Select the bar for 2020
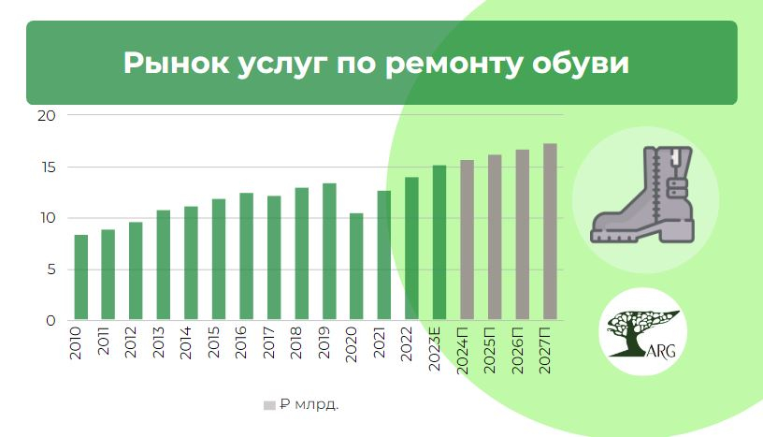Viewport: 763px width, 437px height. pos(356,267)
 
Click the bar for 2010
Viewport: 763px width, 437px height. pos(81,278)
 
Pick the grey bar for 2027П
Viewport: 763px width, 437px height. pos(550,232)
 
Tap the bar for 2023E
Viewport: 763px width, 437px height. pos(439,242)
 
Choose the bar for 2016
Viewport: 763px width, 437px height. pos(247,256)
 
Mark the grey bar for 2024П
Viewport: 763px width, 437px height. pos(468,240)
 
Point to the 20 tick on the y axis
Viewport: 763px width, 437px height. pos(47,116)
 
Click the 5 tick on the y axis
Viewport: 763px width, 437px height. pos(51,269)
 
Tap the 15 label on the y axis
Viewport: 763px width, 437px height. pos(49,168)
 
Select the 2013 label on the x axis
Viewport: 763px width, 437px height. pos(159,342)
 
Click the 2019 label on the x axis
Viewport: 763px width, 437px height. pos(324,342)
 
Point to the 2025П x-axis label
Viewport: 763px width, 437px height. pos(489,350)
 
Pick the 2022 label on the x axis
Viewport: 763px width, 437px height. pos(407,343)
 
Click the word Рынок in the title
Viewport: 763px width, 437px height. pos(176,63)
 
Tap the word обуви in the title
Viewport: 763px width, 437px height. pos(581,63)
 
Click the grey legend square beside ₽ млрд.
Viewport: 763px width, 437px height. pos(269,405)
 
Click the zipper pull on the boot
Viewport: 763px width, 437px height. pos(675,157)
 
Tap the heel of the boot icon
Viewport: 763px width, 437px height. pos(676,230)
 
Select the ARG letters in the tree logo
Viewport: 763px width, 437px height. pos(662,350)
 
